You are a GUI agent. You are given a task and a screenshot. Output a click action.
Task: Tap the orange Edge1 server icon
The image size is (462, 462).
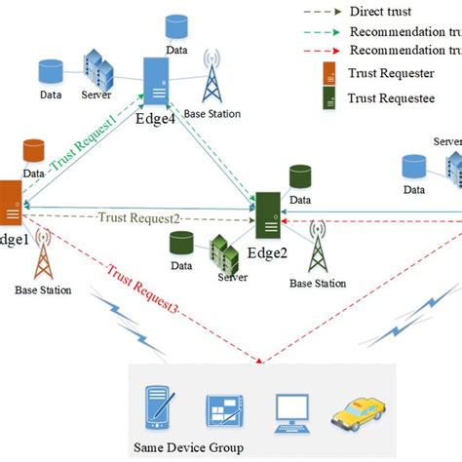tap(11, 205)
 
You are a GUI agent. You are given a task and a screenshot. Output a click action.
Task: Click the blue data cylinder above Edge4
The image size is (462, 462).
tap(176, 24)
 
